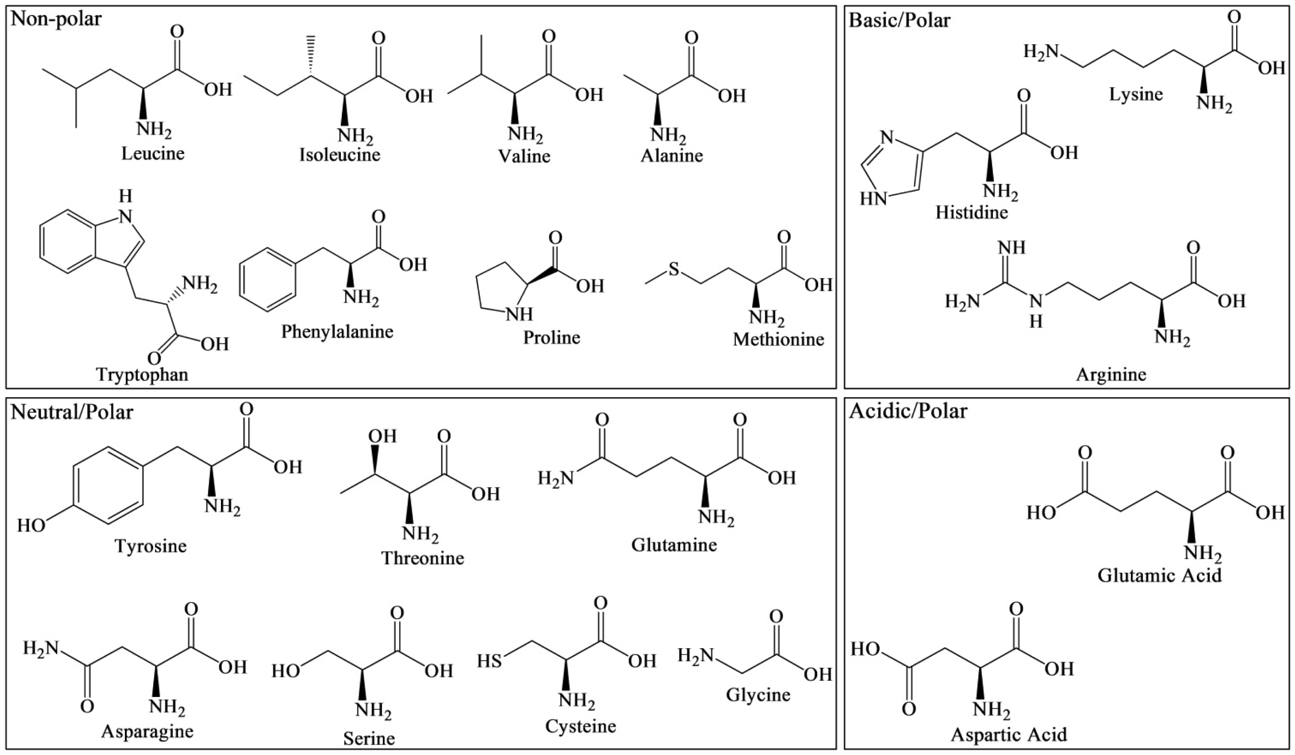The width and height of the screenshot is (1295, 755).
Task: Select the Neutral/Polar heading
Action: [72, 412]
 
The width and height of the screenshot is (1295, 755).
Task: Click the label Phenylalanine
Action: [337, 332]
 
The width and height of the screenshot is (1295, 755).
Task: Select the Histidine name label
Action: [971, 212]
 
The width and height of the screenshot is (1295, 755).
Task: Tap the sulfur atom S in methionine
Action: [673, 269]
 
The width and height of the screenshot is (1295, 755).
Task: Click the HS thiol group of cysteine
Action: [489, 660]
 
